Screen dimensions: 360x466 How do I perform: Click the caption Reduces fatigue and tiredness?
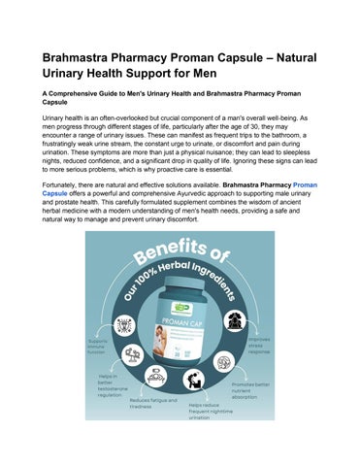coord(153,404)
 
